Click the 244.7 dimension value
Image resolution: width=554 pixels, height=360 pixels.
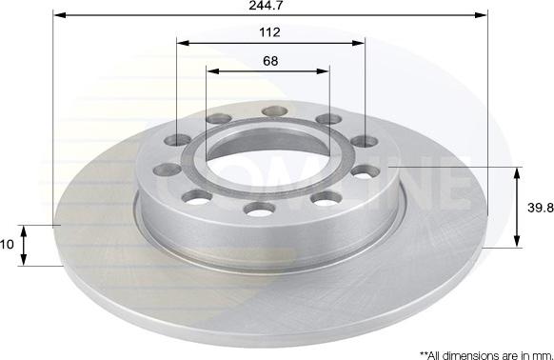(266, 6)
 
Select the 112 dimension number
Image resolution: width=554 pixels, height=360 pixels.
(269, 32)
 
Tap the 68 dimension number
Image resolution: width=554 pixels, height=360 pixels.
(270, 61)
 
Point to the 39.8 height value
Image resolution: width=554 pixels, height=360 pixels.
(541, 208)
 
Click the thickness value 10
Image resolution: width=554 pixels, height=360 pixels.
(7, 245)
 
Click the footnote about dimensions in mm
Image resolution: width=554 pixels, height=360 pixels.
(486, 355)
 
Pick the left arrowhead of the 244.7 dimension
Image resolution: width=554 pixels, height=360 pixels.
(60, 15)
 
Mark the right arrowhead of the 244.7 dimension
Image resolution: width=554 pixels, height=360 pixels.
(481, 15)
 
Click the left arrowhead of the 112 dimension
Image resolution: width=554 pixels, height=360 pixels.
(183, 44)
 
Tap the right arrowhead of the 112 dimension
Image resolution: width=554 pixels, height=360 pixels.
(358, 44)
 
